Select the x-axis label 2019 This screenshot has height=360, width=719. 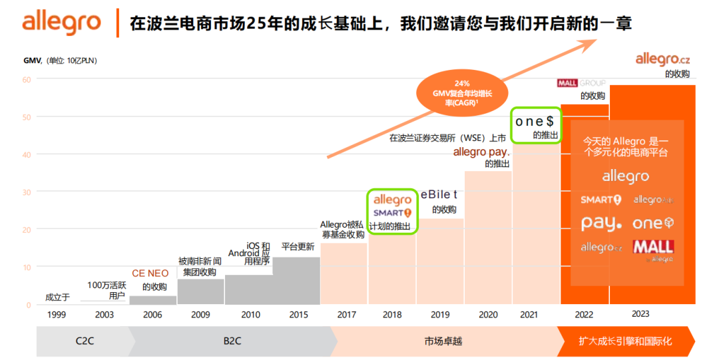(x=439, y=314)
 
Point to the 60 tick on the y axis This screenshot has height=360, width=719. (x=27, y=79)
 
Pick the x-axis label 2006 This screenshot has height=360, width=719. (x=152, y=314)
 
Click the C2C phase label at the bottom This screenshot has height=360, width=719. (x=84, y=341)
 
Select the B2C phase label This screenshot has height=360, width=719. (x=232, y=341)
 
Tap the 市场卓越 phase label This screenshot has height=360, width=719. (x=443, y=341)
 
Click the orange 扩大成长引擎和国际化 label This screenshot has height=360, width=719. (x=624, y=341)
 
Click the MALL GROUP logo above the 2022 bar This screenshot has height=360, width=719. (x=581, y=83)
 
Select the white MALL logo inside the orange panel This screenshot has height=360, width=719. (x=652, y=248)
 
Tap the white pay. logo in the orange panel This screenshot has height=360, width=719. (x=601, y=223)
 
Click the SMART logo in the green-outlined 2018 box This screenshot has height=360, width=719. (x=391, y=213)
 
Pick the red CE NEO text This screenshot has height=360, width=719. (x=150, y=273)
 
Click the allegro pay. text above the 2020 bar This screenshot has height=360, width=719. (x=481, y=152)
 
